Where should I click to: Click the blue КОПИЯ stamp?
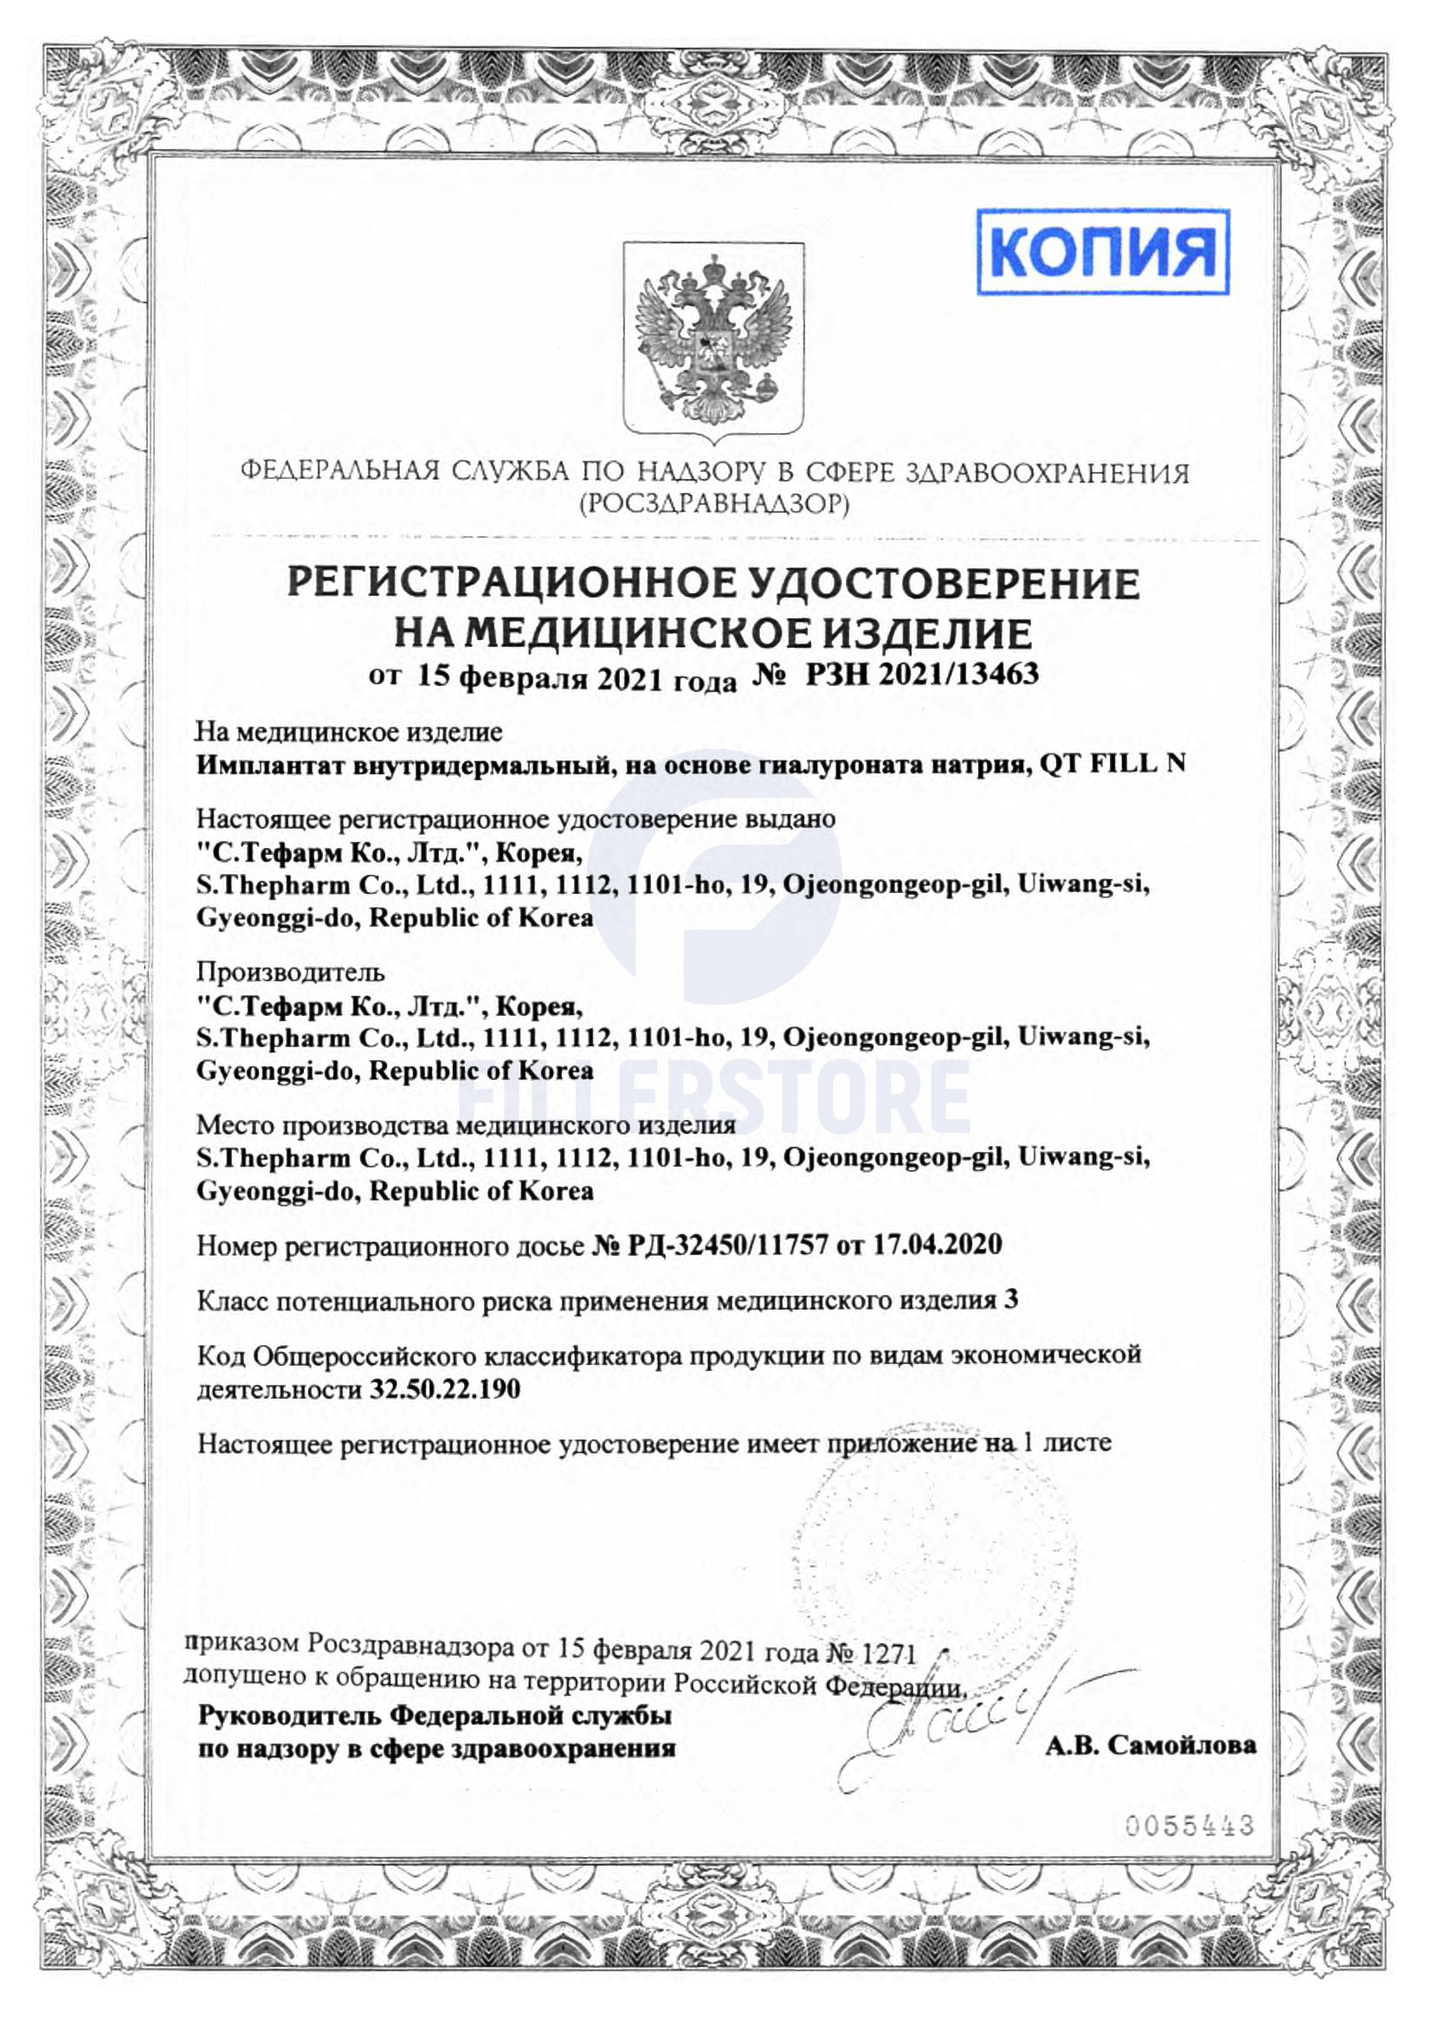(x=1102, y=251)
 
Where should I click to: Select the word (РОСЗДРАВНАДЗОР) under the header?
(x=714, y=504)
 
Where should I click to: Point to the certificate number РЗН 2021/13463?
(x=921, y=675)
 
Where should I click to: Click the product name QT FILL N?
(x=1112, y=764)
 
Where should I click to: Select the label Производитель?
(x=290, y=972)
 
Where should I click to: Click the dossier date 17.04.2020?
(x=938, y=1245)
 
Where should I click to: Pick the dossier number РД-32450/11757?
(x=727, y=1245)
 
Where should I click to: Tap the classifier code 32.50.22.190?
(x=445, y=1389)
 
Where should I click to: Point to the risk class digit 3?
(x=1010, y=1299)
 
